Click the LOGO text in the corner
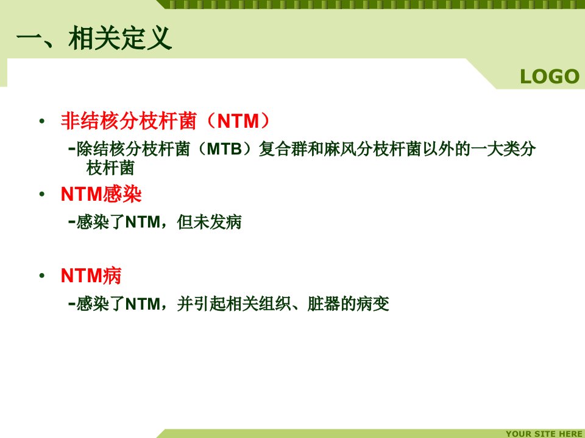[x=549, y=77]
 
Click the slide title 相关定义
[x=120, y=38]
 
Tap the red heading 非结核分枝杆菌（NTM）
[x=165, y=121]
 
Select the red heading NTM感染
[x=101, y=194]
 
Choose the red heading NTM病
[x=91, y=276]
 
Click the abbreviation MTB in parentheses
[x=224, y=149]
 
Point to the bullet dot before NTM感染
[x=42, y=194]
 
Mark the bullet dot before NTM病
[x=42, y=276]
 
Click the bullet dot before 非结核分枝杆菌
[x=42, y=121]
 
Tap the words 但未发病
[x=209, y=222]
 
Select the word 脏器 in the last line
[x=324, y=304]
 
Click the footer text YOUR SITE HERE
[x=544, y=434]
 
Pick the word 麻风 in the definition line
[x=339, y=149]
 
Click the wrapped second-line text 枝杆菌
[x=110, y=168]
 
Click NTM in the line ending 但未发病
[x=143, y=223]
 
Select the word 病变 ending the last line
[x=373, y=304]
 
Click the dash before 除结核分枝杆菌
[x=72, y=149]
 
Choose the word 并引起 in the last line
[x=201, y=304]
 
